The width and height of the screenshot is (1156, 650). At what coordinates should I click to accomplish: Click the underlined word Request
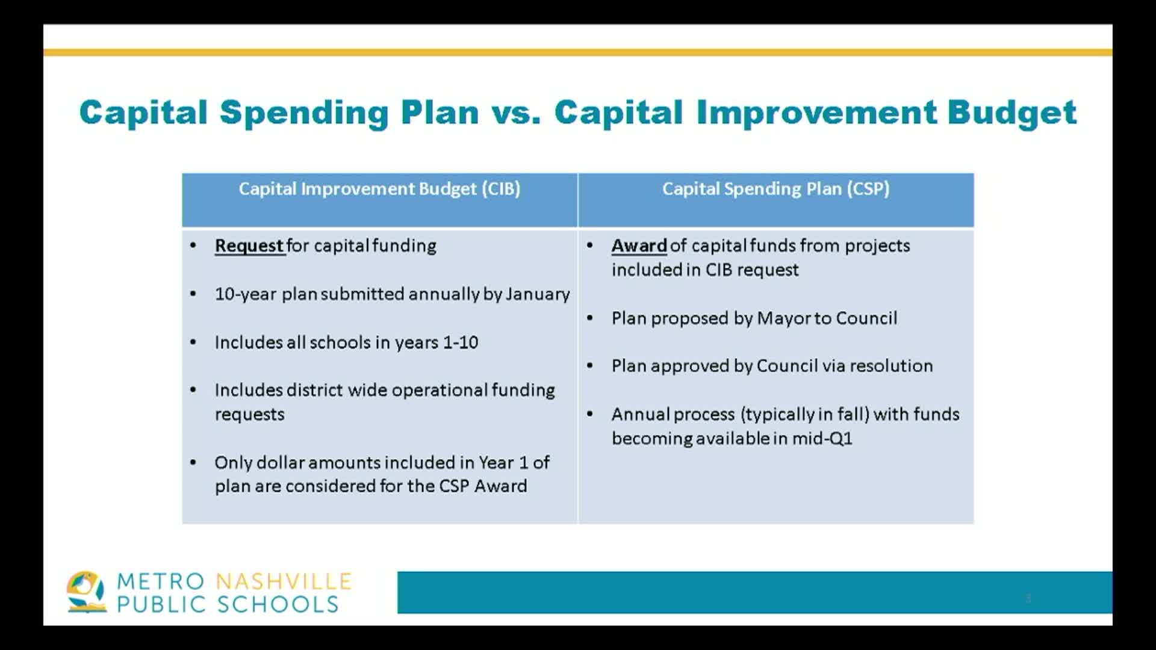click(x=249, y=246)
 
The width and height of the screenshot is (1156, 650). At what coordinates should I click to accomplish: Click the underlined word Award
click(x=639, y=246)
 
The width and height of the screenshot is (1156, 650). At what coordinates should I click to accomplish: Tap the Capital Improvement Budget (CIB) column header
click(x=379, y=189)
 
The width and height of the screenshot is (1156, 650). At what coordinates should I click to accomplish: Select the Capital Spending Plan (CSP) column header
click(x=775, y=189)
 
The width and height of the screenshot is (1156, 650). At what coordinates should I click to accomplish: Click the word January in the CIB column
click(x=537, y=294)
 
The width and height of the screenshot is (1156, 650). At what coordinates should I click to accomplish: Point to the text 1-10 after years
click(x=461, y=342)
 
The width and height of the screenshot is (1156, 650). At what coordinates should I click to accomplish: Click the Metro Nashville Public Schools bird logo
click(x=85, y=592)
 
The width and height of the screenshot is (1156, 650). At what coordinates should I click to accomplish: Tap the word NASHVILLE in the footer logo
click(x=284, y=581)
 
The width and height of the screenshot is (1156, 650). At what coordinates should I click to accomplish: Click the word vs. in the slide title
click(x=516, y=113)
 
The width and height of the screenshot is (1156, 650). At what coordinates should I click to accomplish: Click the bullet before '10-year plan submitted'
click(x=193, y=294)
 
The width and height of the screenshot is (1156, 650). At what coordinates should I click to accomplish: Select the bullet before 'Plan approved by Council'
click(x=590, y=366)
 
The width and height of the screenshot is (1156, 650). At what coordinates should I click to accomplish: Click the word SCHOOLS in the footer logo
click(x=278, y=604)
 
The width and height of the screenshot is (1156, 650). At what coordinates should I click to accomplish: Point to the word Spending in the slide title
click(x=304, y=113)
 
